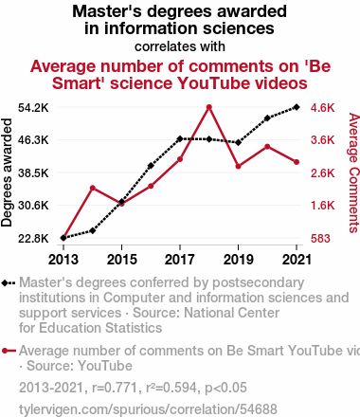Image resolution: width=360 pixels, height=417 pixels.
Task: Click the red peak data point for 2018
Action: coord(209,107)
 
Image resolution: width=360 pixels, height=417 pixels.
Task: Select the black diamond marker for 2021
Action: coord(297,107)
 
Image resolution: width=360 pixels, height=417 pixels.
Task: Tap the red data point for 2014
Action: coord(93,189)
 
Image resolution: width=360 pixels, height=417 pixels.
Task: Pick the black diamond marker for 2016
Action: coord(151,166)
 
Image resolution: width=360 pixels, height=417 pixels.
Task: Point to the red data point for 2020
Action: coord(267,147)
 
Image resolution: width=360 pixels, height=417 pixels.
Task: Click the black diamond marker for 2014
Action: coord(93,231)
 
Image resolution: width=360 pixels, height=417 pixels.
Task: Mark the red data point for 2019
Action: coord(238,166)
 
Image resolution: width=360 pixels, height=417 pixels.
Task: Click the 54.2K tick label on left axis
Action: coord(33,108)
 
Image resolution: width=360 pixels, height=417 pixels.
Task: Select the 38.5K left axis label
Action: coord(33,173)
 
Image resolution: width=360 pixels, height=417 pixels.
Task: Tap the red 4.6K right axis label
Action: coord(322,108)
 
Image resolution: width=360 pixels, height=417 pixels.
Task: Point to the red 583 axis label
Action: coord(320,239)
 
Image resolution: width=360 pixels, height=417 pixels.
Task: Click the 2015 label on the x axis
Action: coord(122,260)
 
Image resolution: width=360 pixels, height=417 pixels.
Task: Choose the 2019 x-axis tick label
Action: coord(238,260)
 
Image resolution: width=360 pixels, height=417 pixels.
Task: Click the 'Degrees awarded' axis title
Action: coord(7,172)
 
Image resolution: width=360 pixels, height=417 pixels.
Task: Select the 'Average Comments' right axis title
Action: coord(354,172)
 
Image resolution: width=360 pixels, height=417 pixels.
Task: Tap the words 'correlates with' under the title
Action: coord(180,46)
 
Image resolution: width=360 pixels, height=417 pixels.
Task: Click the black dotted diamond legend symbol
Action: coord(9,283)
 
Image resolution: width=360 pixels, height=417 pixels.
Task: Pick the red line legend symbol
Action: coord(9,351)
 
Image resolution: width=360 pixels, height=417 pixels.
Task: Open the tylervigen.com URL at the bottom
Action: coord(148,409)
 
